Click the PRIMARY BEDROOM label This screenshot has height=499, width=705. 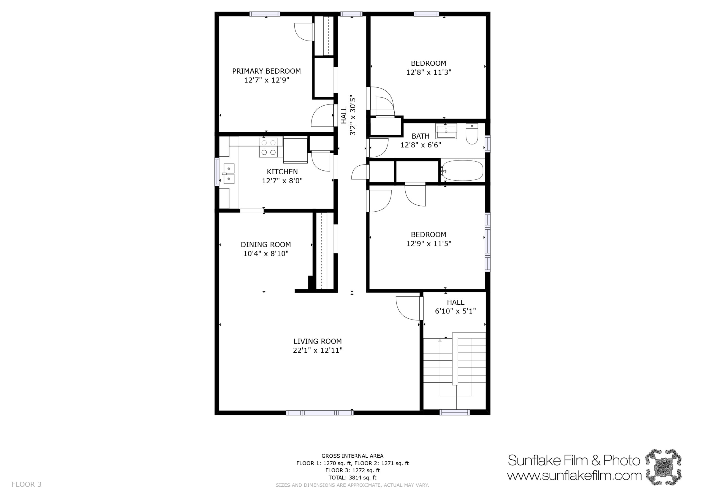266,71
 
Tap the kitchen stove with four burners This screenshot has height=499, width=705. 268,147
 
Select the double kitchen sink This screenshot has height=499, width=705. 229,174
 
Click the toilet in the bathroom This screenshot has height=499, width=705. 472,134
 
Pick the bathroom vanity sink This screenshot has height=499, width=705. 446,131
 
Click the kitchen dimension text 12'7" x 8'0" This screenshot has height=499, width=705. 282,181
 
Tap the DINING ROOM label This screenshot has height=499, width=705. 266,245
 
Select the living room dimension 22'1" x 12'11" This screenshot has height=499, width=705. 318,350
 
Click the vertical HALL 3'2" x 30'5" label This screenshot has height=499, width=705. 348,115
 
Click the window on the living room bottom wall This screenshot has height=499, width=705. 320,413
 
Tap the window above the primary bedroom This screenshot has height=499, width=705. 265,14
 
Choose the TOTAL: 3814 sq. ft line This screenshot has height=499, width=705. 352,477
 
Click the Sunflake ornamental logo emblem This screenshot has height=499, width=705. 663,467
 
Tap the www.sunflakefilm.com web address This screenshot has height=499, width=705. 574,476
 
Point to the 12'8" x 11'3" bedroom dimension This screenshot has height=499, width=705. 429,72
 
